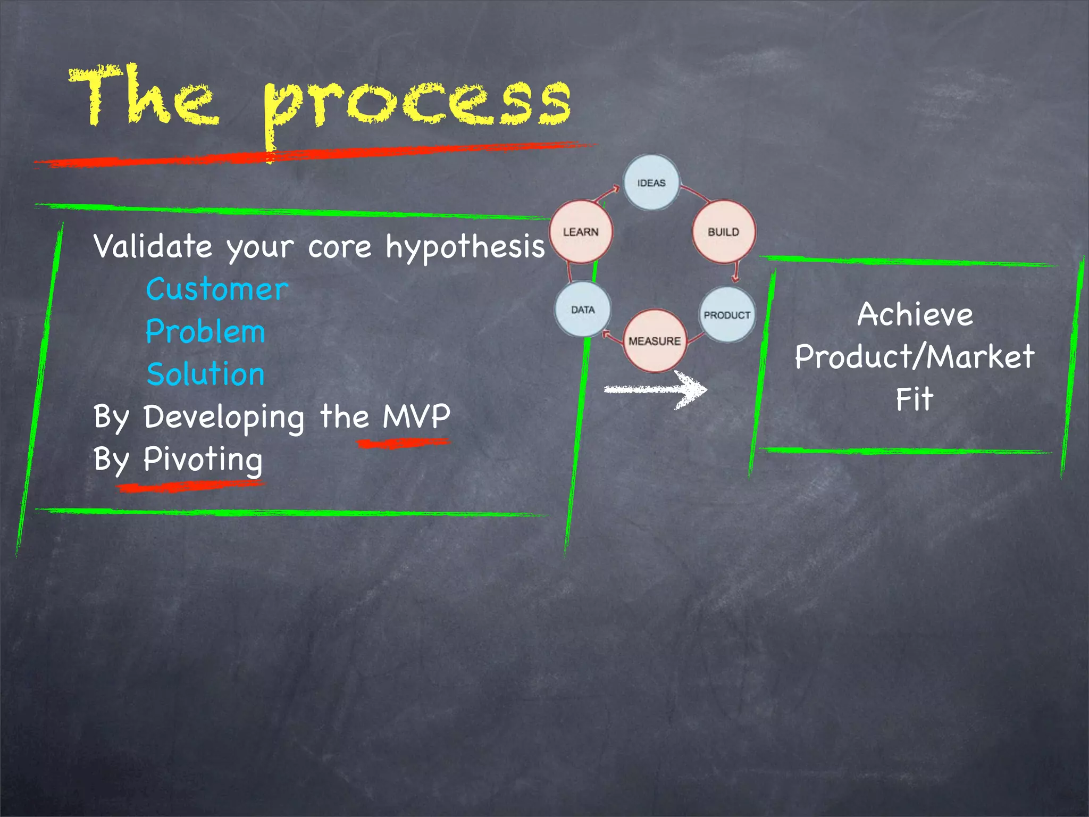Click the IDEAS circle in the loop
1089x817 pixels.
point(651,182)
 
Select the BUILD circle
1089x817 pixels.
point(723,231)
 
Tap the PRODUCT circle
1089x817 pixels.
point(727,315)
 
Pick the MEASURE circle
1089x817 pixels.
point(655,341)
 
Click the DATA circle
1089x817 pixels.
point(583,310)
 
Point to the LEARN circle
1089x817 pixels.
point(581,232)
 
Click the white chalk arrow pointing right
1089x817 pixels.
point(657,389)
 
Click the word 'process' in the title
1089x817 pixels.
point(417,106)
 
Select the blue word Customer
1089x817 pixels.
point(217,290)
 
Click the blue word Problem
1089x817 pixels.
point(205,332)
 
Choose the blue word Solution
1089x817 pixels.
point(205,374)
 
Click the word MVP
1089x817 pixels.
point(416,416)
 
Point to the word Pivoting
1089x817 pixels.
point(203,459)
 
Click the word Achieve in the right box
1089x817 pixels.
point(915,314)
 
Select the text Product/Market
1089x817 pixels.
point(915,356)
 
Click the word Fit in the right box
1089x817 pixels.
point(914,399)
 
